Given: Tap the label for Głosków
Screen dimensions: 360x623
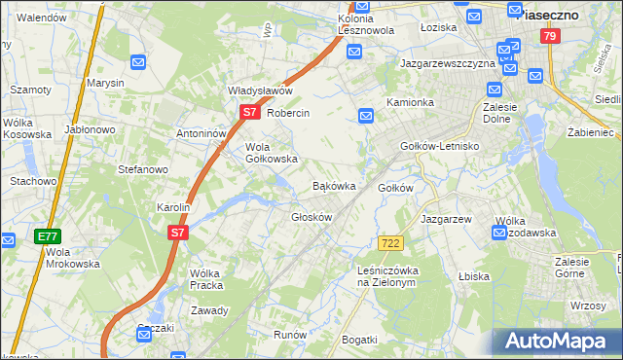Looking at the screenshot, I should point(312,217).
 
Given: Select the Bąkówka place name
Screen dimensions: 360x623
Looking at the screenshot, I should point(333,185).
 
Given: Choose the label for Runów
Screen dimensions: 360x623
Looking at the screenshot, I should point(290,335).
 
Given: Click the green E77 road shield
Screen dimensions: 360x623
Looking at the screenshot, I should point(48,236).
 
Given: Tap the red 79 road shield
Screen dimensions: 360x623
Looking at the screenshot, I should point(551,37).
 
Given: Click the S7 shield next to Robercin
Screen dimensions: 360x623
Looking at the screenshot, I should point(249,113).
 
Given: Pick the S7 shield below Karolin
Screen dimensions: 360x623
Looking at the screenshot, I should point(176,234).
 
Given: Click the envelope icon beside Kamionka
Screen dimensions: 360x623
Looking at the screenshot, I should point(366,117).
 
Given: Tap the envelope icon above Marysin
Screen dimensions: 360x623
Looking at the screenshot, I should point(138,63).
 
